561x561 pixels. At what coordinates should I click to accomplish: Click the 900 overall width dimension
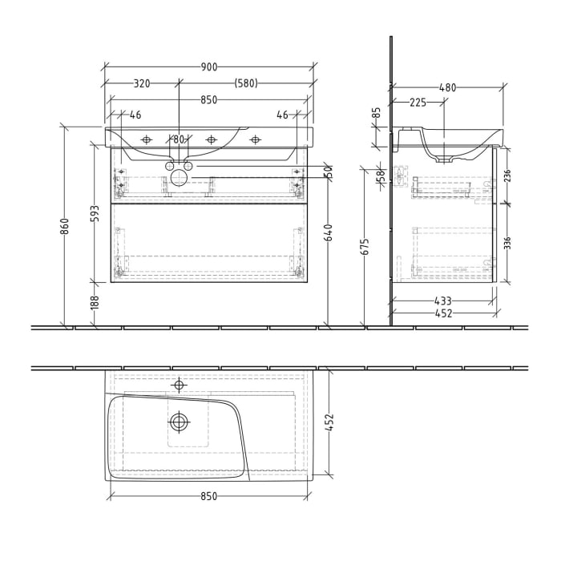click(x=209, y=67)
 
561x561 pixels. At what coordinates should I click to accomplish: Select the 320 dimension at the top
click(x=142, y=83)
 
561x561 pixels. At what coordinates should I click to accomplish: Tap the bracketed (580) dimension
click(x=246, y=83)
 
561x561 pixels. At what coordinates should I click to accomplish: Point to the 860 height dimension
click(x=65, y=226)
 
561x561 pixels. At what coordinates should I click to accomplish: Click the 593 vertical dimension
click(x=95, y=214)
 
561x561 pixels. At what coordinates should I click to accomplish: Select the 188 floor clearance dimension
click(x=95, y=302)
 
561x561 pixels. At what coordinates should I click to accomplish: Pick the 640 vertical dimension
click(x=328, y=233)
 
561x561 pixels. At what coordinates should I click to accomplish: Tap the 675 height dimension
click(x=365, y=246)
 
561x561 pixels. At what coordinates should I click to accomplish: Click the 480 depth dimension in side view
click(x=447, y=88)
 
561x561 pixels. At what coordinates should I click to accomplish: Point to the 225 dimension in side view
click(x=418, y=103)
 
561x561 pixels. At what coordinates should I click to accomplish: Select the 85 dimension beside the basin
click(x=377, y=113)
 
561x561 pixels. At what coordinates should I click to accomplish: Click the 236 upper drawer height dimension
click(x=507, y=176)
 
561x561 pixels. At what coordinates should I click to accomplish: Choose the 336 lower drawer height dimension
click(x=507, y=243)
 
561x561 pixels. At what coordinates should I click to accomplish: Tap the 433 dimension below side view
click(x=442, y=301)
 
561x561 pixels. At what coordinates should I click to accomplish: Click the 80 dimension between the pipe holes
click(x=179, y=139)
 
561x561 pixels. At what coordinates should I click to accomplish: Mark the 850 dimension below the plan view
click(x=208, y=497)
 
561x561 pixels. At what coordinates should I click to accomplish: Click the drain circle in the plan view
click(x=179, y=421)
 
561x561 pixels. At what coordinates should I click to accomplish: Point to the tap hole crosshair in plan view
click(x=179, y=385)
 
